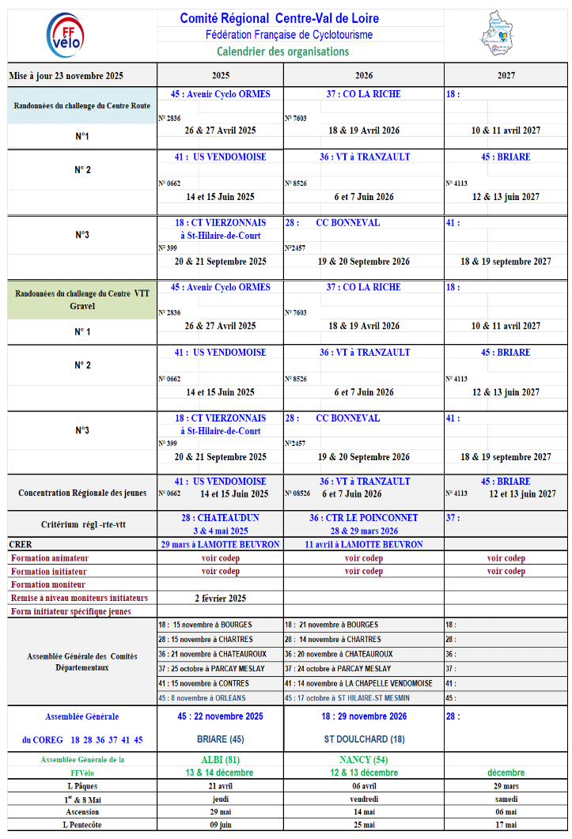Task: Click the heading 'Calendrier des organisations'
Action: coord(282,51)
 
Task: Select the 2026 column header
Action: coord(364,76)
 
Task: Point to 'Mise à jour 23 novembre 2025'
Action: coord(66,76)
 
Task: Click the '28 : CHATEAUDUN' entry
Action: coord(220,518)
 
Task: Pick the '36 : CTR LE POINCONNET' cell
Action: coord(364,518)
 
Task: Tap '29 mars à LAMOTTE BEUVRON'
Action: coord(220,544)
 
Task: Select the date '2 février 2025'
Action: coord(220,598)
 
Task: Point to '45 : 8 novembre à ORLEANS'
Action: coord(203,697)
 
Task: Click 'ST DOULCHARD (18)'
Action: coord(364,739)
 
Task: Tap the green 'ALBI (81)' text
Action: coord(219,760)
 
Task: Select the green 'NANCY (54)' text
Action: coord(364,760)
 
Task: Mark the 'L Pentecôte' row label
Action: coord(82,825)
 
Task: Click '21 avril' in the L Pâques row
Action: coord(219,786)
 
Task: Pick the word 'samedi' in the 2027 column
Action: coord(506,799)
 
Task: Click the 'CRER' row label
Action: coord(21,544)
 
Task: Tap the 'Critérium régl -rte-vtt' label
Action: coord(82,524)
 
